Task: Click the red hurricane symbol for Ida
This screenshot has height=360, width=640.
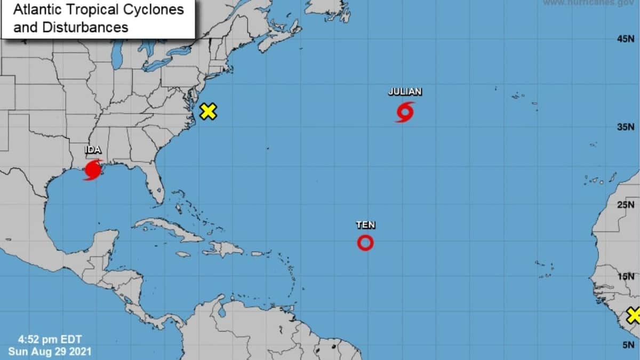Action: pos(93,170)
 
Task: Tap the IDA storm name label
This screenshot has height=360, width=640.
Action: pos(93,150)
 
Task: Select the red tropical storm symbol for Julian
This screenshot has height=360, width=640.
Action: pos(405,112)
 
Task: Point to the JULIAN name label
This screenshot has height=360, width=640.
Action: pos(405,92)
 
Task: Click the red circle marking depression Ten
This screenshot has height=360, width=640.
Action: pos(365,243)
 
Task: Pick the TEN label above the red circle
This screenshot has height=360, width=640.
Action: pos(365,225)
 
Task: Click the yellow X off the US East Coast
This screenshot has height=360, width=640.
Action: pos(208,111)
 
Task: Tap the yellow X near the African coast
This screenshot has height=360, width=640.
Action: pos(634,315)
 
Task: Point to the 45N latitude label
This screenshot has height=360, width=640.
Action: pos(625,39)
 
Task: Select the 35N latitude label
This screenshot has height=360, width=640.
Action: pos(625,127)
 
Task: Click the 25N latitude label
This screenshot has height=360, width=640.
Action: pos(625,205)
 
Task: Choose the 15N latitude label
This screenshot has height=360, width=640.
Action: pos(625,276)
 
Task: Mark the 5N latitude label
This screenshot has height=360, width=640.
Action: pos(627,345)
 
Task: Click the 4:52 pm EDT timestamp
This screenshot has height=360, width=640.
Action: pos(50,339)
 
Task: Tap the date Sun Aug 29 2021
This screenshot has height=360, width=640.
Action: pos(50,351)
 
